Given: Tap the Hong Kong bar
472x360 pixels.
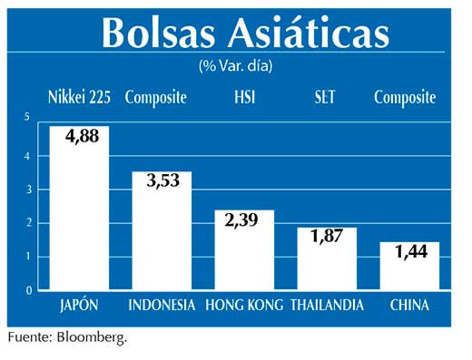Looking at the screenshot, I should (243, 258).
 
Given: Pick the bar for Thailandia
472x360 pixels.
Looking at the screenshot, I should (327, 268).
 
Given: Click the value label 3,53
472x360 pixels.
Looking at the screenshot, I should (162, 180).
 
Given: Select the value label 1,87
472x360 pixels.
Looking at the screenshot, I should (327, 238).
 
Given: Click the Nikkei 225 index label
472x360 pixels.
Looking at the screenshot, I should (80, 97).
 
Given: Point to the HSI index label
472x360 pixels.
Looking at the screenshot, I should (243, 97).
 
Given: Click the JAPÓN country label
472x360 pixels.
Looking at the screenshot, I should (78, 306).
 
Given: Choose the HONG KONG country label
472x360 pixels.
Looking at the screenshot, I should (242, 306).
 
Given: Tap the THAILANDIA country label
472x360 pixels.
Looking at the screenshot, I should (327, 306).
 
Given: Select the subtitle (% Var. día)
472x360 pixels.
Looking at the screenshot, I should (235, 65).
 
